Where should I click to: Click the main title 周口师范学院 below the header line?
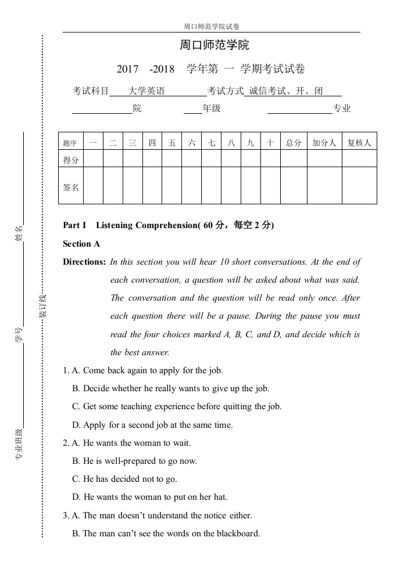pyautogui.click(x=214, y=45)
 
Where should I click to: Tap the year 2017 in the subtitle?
pyautogui.click(x=128, y=69)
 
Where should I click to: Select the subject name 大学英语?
pyautogui.click(x=146, y=91)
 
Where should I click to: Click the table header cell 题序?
pyautogui.click(x=70, y=143)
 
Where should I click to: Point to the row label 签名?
pyautogui.click(x=71, y=187)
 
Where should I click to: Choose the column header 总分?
pyautogui.click(x=294, y=143)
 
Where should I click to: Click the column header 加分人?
pyautogui.click(x=324, y=143)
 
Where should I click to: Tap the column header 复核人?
pyautogui.click(x=359, y=143)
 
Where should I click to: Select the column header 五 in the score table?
pyautogui.click(x=171, y=143)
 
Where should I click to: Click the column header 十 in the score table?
pyautogui.click(x=270, y=143)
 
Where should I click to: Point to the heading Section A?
pyautogui.click(x=81, y=244)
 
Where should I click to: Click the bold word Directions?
pyautogui.click(x=84, y=262)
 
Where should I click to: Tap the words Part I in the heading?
pyautogui.click(x=74, y=226)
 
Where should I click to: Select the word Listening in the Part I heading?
pyautogui.click(x=115, y=226)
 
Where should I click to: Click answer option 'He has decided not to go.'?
pyautogui.click(x=130, y=479)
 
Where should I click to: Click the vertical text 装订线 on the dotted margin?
pyautogui.click(x=42, y=306)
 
